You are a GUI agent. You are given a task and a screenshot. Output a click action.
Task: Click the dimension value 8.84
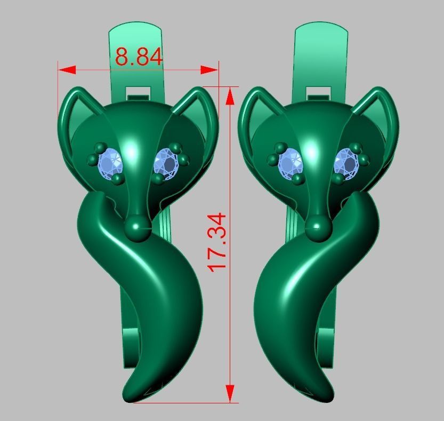pos(139,56)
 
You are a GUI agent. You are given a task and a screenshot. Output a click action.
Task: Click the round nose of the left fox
pos(138,227)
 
